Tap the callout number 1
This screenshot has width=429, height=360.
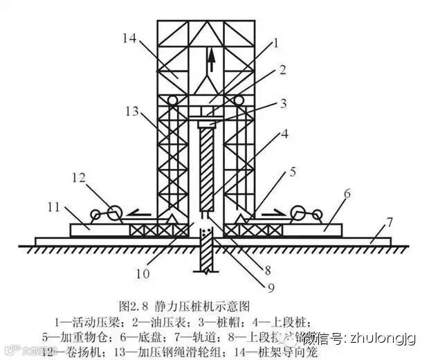[275, 43]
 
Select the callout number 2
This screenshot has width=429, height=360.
[282, 70]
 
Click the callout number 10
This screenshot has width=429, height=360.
[141, 273]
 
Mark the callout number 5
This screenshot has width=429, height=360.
[293, 171]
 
